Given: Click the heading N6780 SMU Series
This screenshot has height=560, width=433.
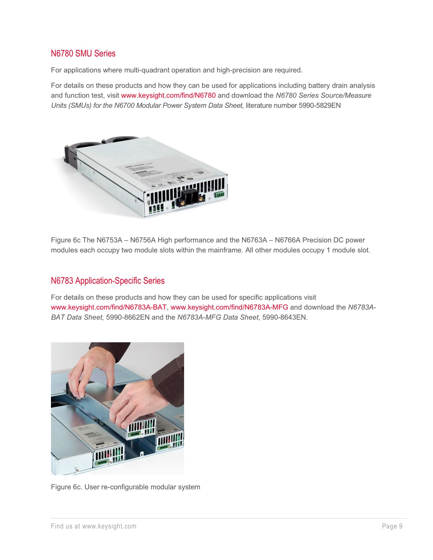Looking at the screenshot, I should point(83,54).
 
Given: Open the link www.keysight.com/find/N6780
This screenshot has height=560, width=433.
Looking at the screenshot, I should point(168,96).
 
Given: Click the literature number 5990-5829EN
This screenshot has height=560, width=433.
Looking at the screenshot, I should point(320,106).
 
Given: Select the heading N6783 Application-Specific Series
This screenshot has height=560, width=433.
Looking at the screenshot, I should point(108,281).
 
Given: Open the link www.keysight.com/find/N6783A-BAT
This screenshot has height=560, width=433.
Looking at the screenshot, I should point(109,308).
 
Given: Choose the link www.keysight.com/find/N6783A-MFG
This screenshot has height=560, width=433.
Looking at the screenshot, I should point(229,308).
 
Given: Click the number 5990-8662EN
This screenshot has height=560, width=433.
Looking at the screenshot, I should point(128,317).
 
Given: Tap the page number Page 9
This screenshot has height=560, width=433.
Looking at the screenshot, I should point(392,526).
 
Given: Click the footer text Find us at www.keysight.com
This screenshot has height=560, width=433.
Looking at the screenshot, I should point(94,526).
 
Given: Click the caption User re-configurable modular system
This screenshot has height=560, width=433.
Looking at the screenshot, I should point(142,487).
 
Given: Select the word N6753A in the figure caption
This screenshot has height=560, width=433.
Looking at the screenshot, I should point(108,240).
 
